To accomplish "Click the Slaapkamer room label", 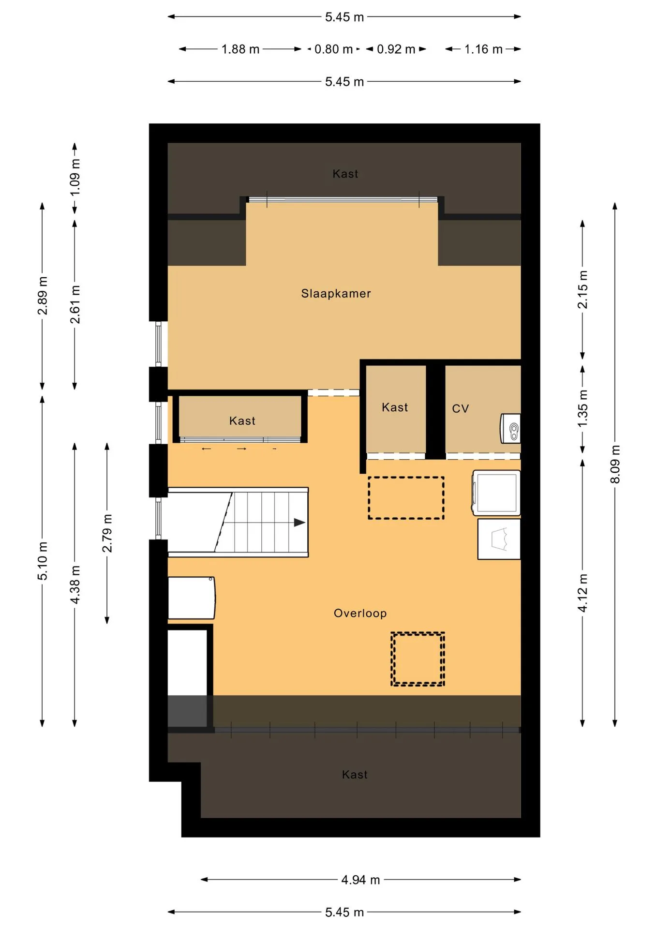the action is point(336,293).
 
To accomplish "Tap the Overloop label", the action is point(360,614).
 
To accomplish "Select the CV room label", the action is point(460,409).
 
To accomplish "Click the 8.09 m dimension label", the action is point(615,464).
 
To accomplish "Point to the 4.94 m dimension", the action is point(360,880).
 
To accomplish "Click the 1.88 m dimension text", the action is point(240,49).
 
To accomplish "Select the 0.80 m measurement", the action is point(333,49).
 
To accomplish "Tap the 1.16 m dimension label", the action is point(483,49).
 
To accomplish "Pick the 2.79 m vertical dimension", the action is point(107,533).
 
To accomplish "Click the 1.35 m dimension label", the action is point(582,409).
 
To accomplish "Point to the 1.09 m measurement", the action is point(75,178).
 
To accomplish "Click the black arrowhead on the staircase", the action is point(299,523).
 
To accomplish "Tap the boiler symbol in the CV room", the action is point(510,428).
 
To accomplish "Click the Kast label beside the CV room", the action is point(395,407).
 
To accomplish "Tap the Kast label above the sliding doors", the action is point(242,421).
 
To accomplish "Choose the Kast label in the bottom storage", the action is point(355,775).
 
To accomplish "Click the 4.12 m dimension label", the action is point(582,593).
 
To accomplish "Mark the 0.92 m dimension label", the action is point(396,49).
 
